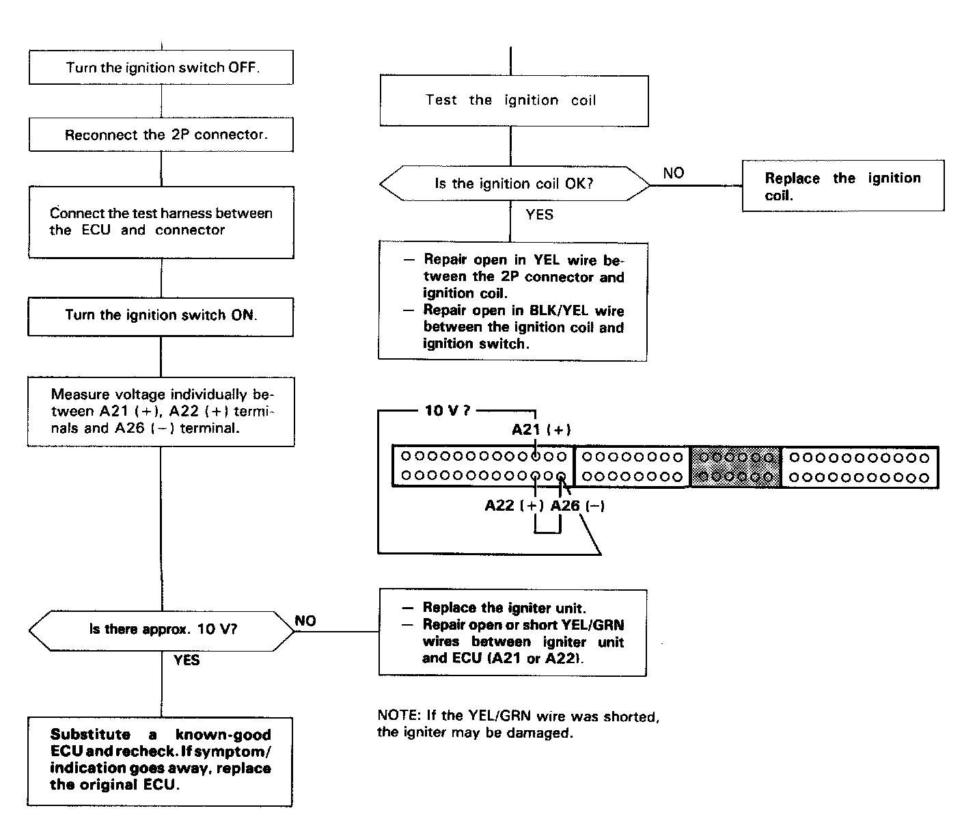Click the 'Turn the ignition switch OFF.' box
point(161,68)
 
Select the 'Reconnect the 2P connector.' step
point(161,135)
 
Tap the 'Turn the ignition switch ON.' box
point(161,315)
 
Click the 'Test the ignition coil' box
point(513,101)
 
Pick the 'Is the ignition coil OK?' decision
point(514,184)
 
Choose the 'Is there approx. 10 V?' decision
point(163,630)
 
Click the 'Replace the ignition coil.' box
point(842,186)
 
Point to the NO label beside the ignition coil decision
point(673,174)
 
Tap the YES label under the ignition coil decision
point(539,215)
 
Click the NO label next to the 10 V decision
point(305,621)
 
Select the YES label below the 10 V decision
point(187,660)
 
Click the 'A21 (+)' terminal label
point(541,430)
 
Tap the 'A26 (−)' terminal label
point(577,507)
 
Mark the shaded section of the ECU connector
point(735,467)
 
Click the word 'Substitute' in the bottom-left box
point(90,735)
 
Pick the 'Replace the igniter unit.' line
point(504,608)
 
